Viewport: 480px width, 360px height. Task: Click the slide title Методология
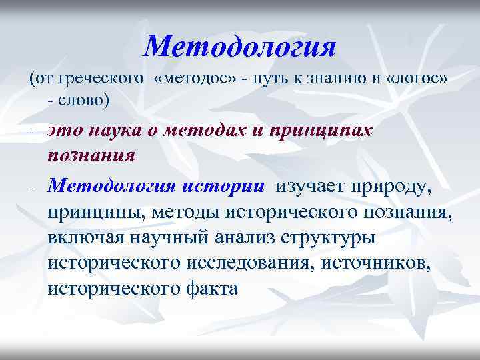click(239, 46)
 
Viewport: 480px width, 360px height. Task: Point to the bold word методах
click(207, 131)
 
